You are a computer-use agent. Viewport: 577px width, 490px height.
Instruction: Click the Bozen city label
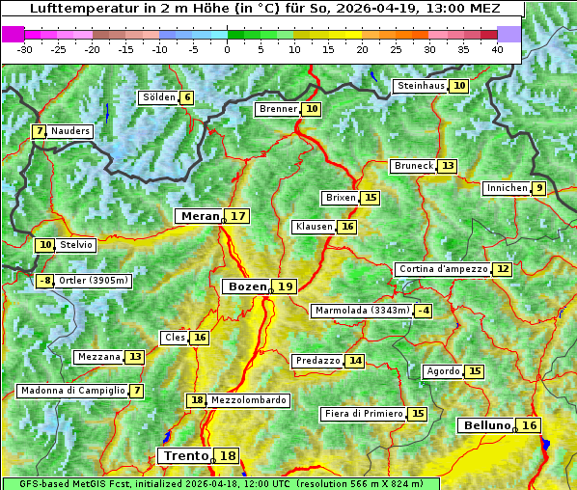(246, 286)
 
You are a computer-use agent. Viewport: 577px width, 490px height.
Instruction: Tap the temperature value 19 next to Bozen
(285, 286)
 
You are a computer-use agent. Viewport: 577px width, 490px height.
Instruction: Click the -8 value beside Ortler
(44, 281)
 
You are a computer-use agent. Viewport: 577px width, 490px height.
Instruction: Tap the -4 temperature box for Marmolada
(423, 311)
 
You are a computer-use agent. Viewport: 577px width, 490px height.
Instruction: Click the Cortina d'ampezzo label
(442, 269)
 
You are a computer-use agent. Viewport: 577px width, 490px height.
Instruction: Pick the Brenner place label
(278, 109)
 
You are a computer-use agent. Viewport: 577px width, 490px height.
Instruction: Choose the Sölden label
(158, 97)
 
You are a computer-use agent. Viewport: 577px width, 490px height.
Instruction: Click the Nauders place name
(70, 131)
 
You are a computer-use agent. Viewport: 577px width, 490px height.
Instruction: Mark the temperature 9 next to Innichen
(538, 188)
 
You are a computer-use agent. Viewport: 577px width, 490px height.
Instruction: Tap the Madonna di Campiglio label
(72, 391)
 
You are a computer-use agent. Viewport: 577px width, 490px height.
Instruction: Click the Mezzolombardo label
(248, 400)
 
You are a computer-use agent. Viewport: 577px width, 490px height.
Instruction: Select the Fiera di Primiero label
(363, 414)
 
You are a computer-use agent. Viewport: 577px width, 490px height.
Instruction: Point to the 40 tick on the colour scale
(497, 49)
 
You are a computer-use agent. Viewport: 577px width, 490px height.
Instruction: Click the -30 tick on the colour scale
(25, 49)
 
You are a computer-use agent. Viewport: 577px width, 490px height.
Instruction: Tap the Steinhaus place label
(421, 86)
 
